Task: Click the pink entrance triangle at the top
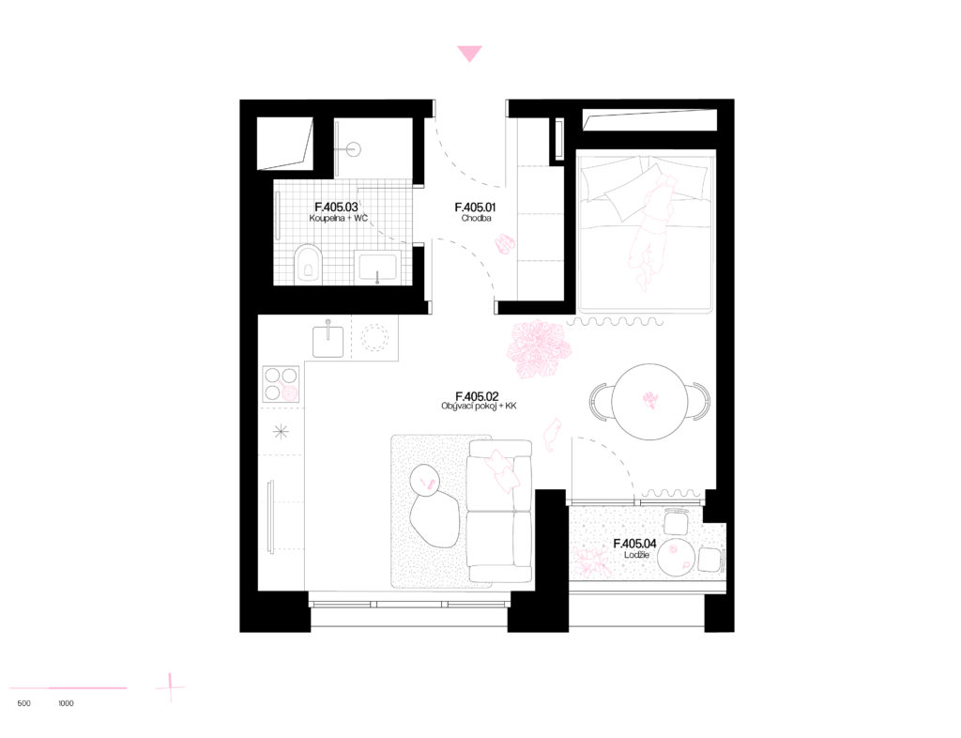click(469, 54)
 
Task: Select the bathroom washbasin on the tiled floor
click(377, 267)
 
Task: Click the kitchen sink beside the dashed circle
click(328, 340)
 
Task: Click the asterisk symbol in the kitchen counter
click(281, 432)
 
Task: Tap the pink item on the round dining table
click(650, 401)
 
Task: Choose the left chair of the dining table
click(598, 402)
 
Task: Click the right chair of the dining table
click(701, 402)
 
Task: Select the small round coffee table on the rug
click(425, 481)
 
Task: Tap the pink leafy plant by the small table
click(592, 561)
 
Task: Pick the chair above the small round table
click(676, 522)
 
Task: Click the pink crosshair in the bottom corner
click(170, 687)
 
